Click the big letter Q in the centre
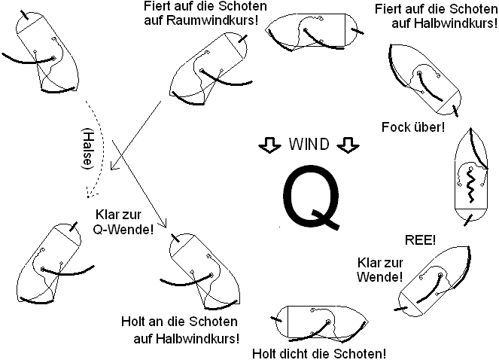coord(311,197)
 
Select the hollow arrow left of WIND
coord(269,145)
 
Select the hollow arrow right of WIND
coord(345,145)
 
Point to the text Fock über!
coord(413,126)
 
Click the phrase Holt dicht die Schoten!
coord(320,353)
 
